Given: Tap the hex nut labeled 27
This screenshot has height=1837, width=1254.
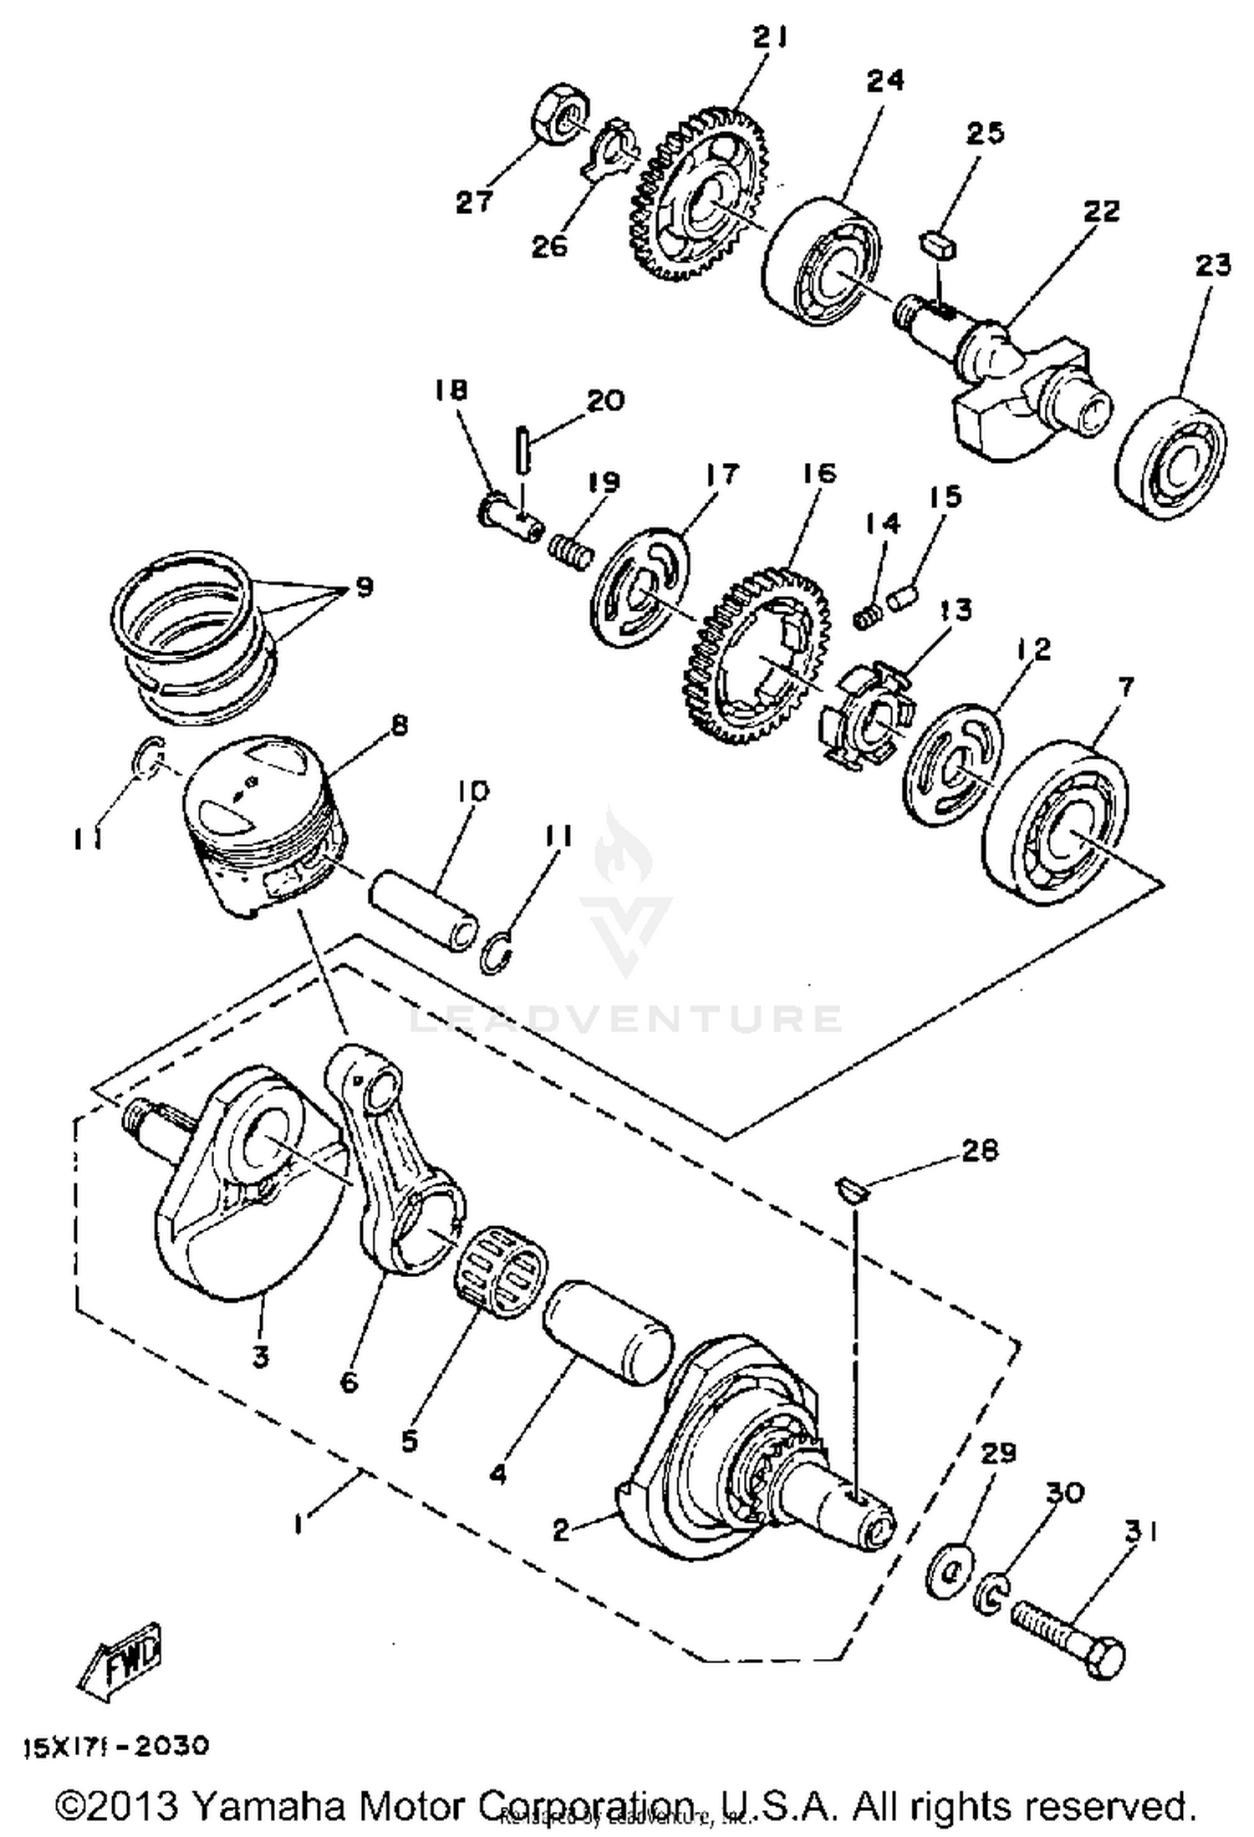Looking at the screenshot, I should click(x=561, y=109).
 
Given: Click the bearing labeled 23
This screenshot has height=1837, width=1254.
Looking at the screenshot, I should click(x=1171, y=459).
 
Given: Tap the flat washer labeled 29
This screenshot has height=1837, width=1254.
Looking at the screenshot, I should click(x=950, y=1571).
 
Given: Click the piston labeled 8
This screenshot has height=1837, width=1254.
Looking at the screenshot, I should click(x=263, y=823).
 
